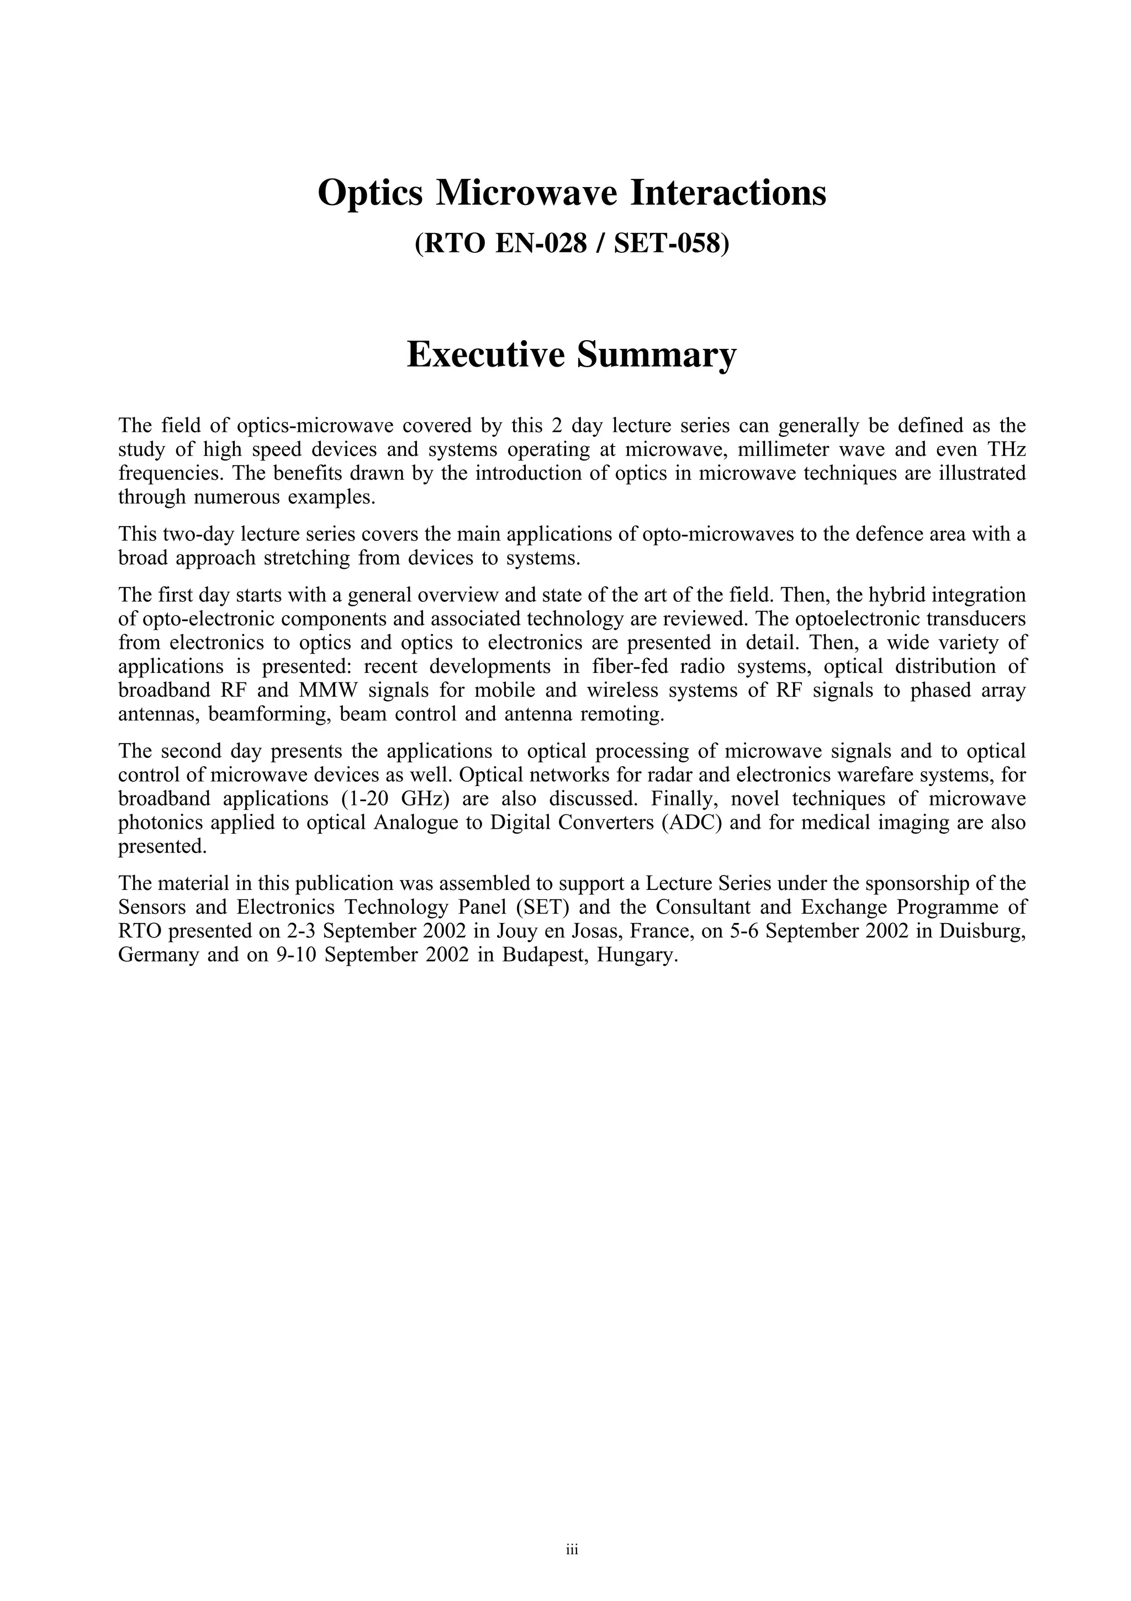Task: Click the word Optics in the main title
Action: tap(370, 193)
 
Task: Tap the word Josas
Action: tap(575, 931)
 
